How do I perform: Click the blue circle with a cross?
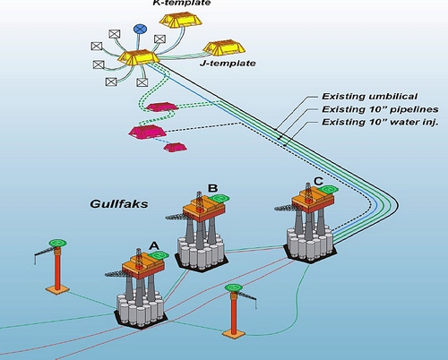(140, 29)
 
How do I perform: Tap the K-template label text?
(182, 3)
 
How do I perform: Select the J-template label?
(228, 64)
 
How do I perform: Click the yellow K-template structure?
(181, 19)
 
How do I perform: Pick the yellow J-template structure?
(224, 47)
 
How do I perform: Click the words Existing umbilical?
(369, 97)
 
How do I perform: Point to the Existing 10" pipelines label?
(380, 109)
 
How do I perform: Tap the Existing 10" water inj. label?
(380, 123)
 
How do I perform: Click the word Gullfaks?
(119, 204)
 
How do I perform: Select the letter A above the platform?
(154, 245)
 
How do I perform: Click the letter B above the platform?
(212, 188)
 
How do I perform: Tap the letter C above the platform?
(318, 181)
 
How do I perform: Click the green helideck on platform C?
(328, 189)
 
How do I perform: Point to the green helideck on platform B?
(219, 198)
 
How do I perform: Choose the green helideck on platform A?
(159, 255)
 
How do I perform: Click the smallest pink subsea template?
(176, 147)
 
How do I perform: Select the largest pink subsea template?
(147, 132)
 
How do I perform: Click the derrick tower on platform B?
(199, 201)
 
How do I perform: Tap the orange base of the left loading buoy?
(57, 289)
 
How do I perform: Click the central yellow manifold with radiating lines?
(138, 57)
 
